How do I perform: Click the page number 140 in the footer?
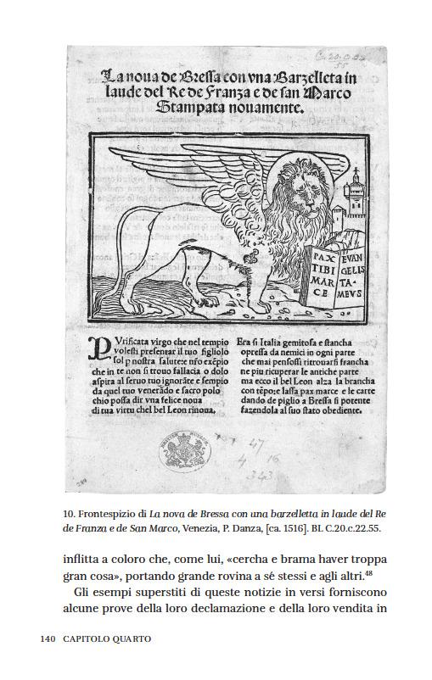coord(48,637)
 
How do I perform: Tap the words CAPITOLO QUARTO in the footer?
coord(106,637)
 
